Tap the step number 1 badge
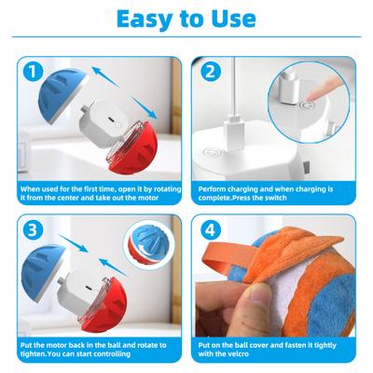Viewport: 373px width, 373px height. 35,70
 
